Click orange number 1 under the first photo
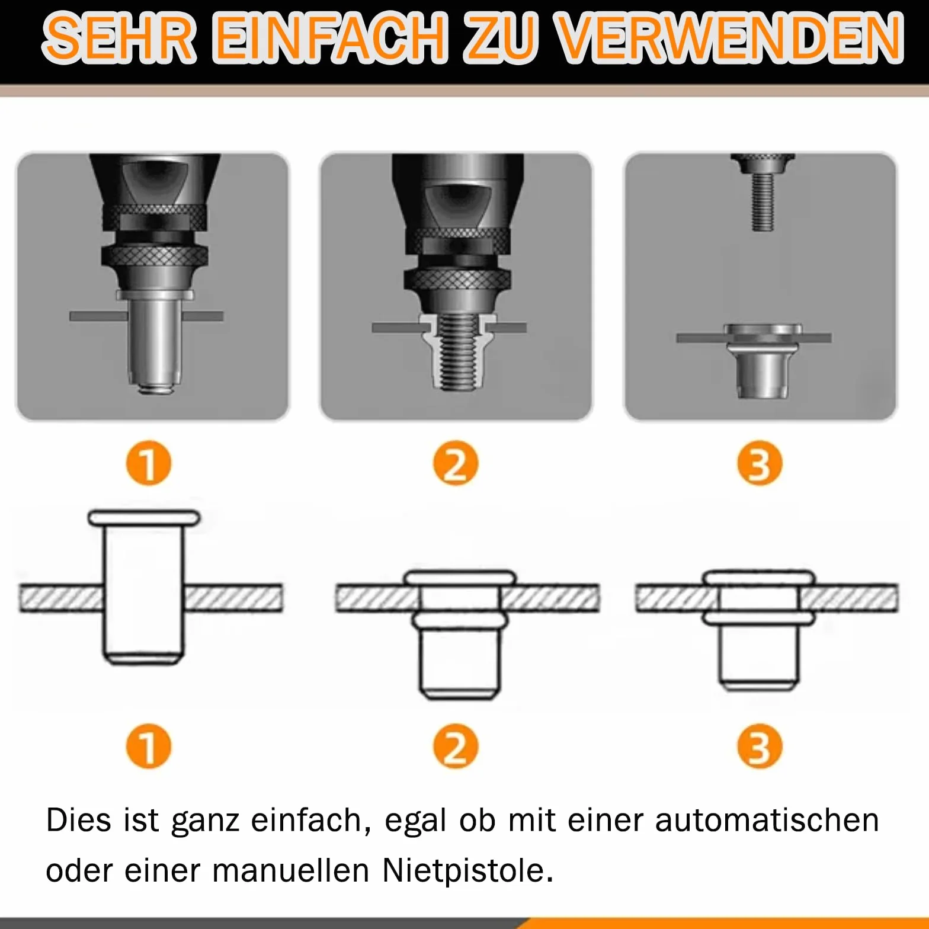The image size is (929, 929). tap(149, 463)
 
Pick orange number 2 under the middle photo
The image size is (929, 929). tap(456, 463)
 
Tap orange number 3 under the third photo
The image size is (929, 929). tap(760, 463)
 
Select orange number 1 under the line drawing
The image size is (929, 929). tap(149, 746)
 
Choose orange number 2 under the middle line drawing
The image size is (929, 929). tap(456, 746)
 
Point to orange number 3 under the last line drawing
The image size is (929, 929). tap(760, 746)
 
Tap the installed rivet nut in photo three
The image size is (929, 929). tap(763, 361)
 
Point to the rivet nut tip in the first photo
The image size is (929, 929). tap(156, 387)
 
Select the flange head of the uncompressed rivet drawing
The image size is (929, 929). tap(144, 518)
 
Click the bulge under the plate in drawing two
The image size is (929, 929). tap(460, 620)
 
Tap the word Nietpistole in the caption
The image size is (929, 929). tap(468, 871)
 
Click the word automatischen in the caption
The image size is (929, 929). tap(767, 821)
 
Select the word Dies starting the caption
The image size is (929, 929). tap(79, 821)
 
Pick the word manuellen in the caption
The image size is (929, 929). tap(291, 871)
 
